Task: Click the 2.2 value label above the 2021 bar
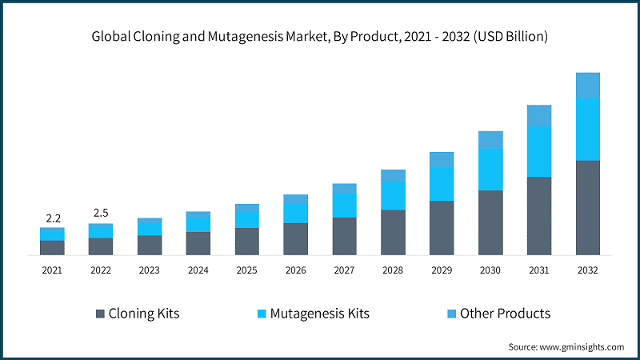tap(52, 218)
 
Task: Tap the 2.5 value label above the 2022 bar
tap(101, 213)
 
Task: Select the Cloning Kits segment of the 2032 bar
tap(587, 207)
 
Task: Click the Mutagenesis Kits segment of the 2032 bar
tap(587, 129)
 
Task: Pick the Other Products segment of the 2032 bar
tap(587, 85)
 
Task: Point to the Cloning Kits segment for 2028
tap(393, 232)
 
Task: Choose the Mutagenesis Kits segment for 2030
tap(490, 169)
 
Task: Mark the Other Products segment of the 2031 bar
tap(539, 115)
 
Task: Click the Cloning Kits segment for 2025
tap(246, 241)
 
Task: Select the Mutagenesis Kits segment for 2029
tap(442, 184)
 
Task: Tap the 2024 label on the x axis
tap(198, 271)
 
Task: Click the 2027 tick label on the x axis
tap(344, 271)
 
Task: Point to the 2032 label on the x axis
tap(587, 271)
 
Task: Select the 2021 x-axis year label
tap(52, 271)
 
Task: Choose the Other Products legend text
tap(505, 314)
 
